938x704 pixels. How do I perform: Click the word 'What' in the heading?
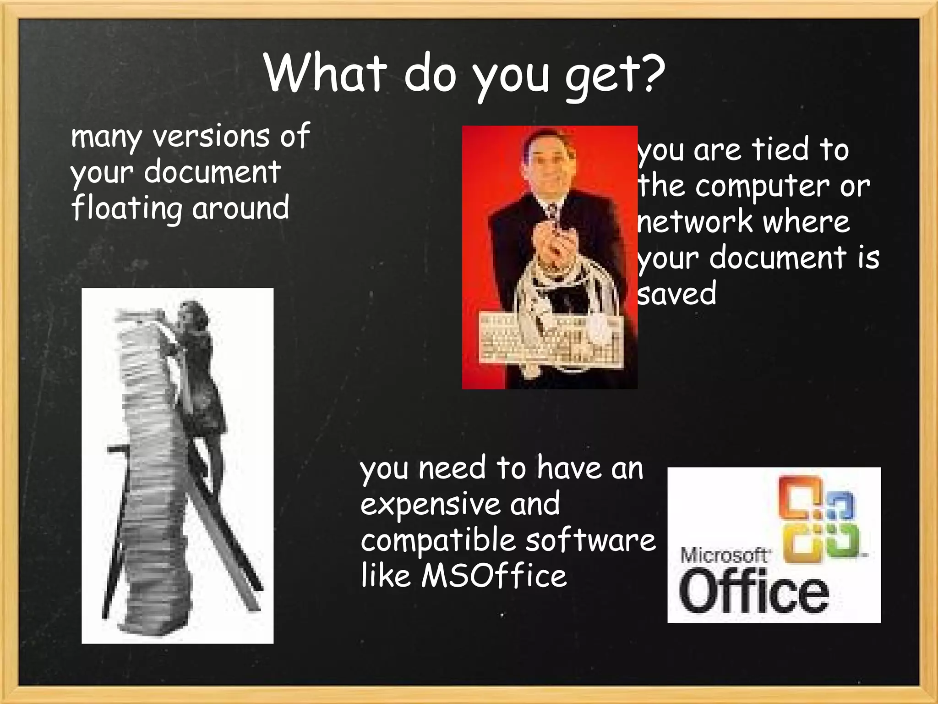(323, 73)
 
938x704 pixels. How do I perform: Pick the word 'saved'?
(677, 293)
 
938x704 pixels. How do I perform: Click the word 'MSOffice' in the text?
(494, 576)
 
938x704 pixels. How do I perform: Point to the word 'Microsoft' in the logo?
(724, 556)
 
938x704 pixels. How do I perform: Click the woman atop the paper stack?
(197, 367)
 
